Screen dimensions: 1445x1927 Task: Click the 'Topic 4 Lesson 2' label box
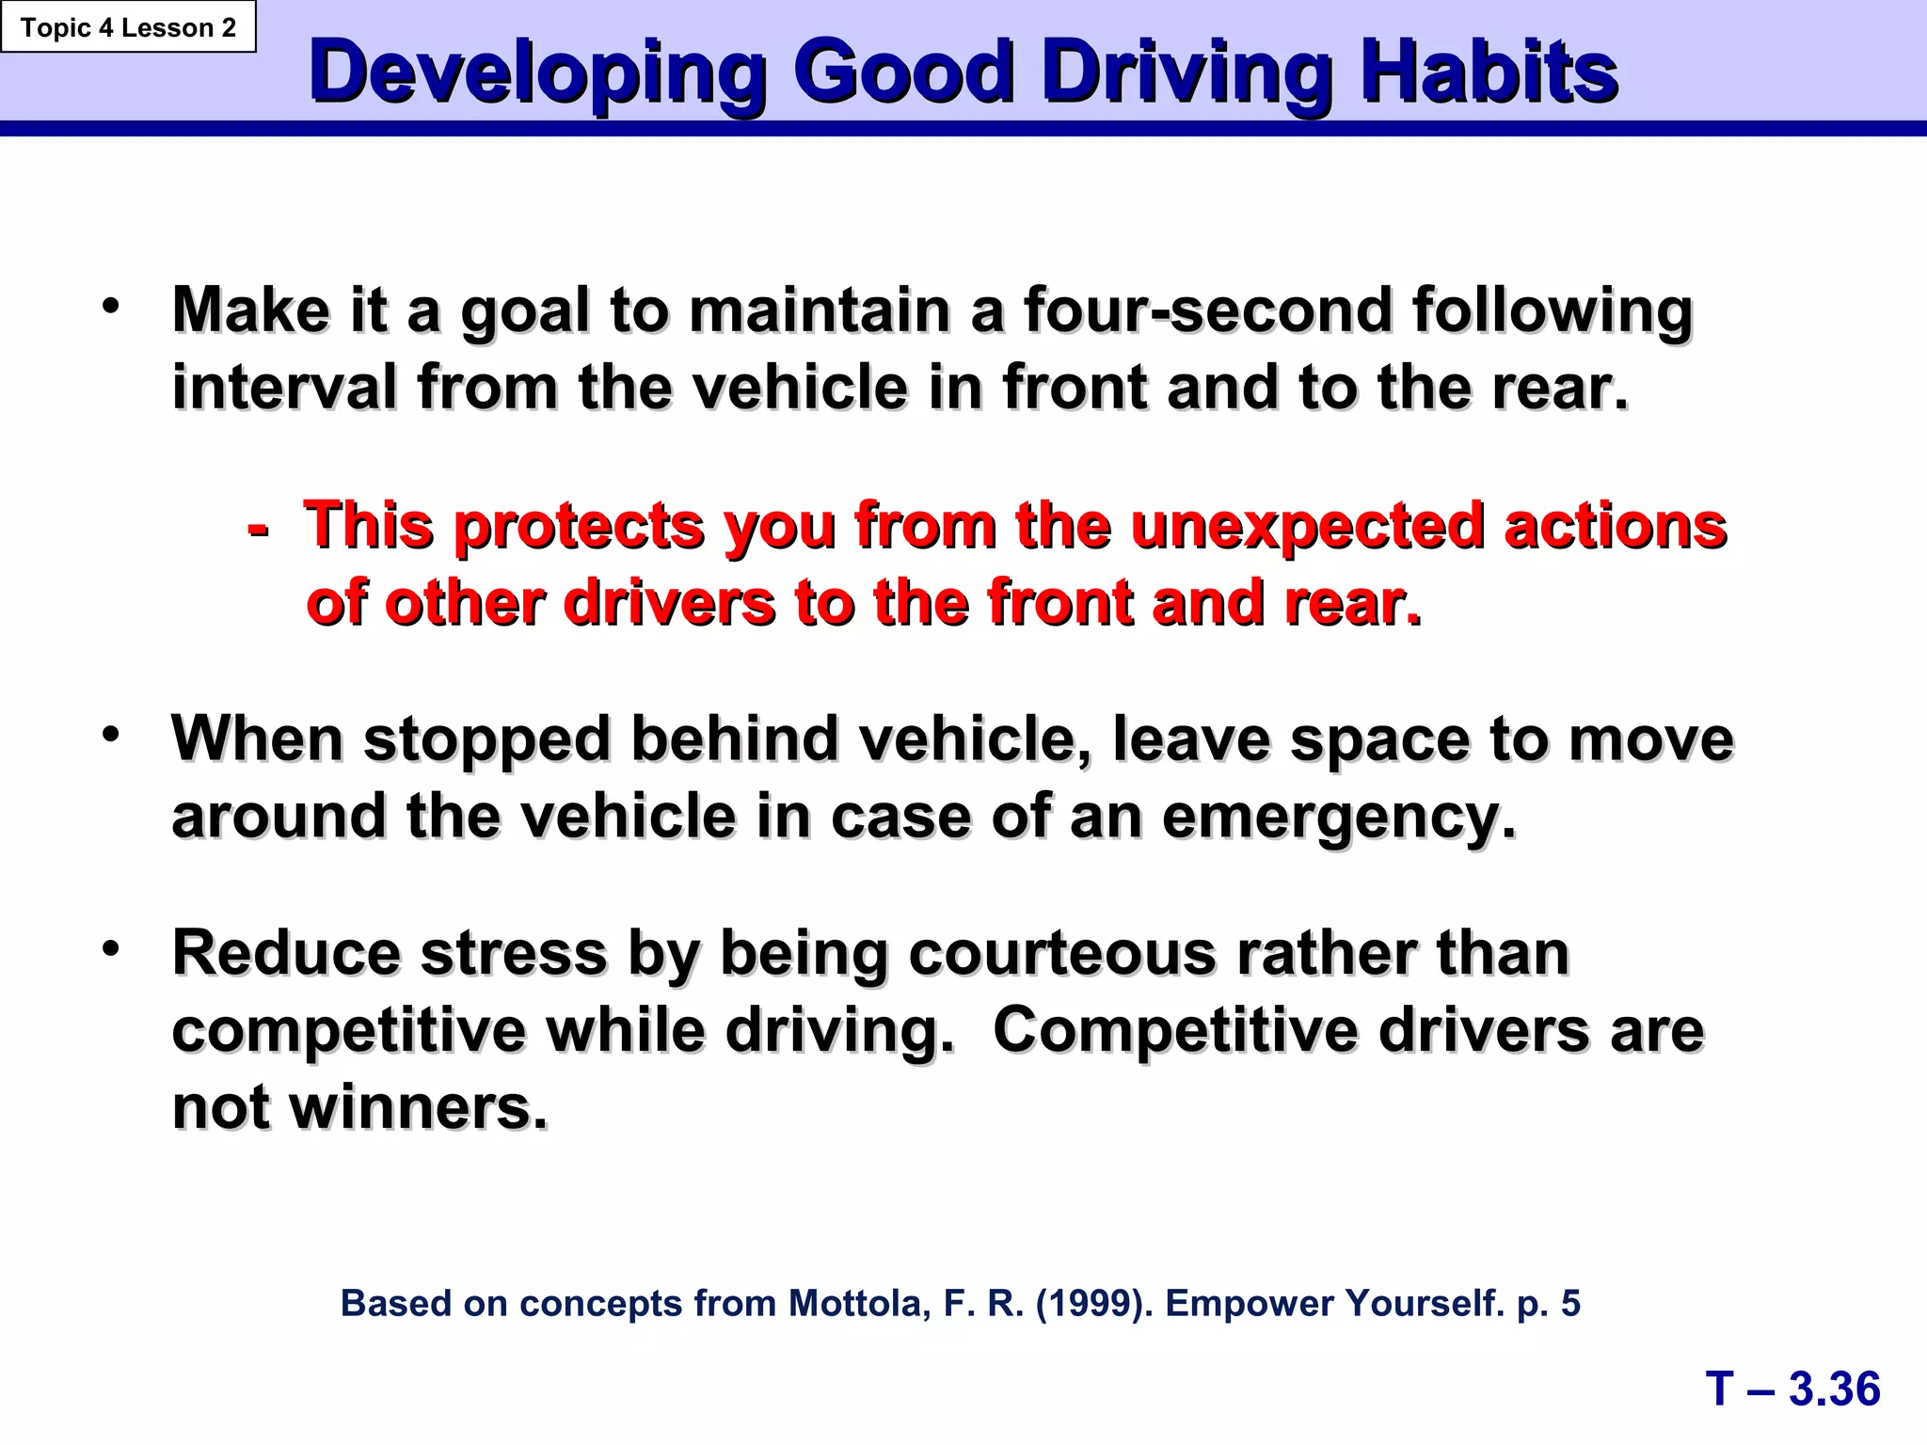click(128, 27)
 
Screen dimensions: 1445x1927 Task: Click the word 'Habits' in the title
click(1489, 72)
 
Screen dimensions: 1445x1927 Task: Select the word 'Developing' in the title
click(537, 74)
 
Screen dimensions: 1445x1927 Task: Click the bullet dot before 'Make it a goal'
click(112, 306)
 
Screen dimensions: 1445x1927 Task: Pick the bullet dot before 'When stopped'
click(112, 734)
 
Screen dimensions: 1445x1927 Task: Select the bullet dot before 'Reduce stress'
click(112, 948)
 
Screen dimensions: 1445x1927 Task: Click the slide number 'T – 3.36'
click(1792, 1389)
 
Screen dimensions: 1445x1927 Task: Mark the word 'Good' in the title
click(903, 72)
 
